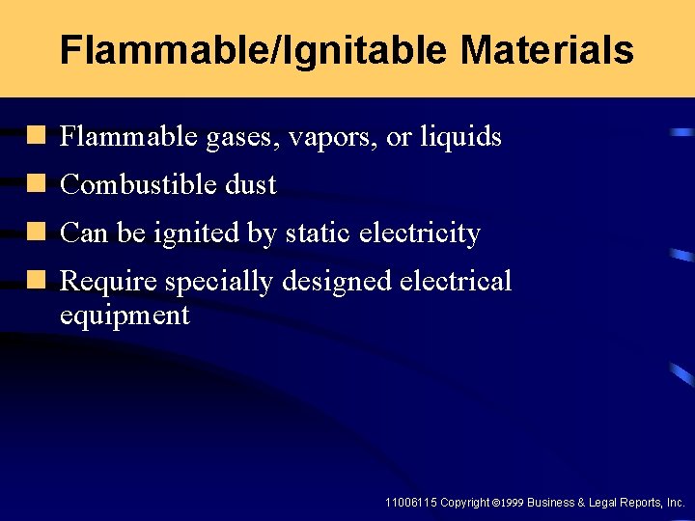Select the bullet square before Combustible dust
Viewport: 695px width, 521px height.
click(38, 184)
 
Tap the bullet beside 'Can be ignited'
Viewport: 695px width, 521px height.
click(38, 233)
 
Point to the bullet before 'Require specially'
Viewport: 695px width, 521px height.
click(38, 281)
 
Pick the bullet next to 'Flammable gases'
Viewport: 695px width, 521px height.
click(38, 136)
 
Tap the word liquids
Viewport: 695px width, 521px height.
click(460, 137)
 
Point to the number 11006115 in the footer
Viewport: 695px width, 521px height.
click(410, 503)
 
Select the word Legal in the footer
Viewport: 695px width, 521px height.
click(596, 503)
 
